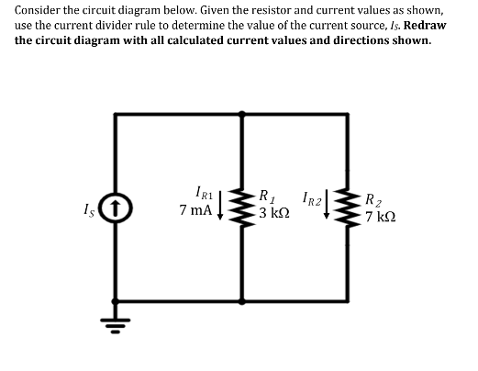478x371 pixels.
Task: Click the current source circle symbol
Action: [x=114, y=207]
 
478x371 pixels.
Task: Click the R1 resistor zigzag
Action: [x=243, y=207]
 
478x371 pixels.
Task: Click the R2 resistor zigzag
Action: [x=350, y=206]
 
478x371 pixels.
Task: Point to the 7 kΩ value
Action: [x=380, y=217]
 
